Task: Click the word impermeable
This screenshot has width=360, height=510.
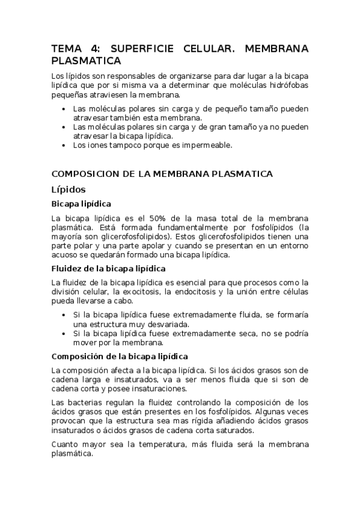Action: tap(215, 145)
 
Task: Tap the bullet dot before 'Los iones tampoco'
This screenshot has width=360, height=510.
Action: tap(64, 145)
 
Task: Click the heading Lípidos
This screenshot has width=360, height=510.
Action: tap(69, 189)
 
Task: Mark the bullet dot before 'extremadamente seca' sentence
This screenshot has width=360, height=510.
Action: tap(64, 333)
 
